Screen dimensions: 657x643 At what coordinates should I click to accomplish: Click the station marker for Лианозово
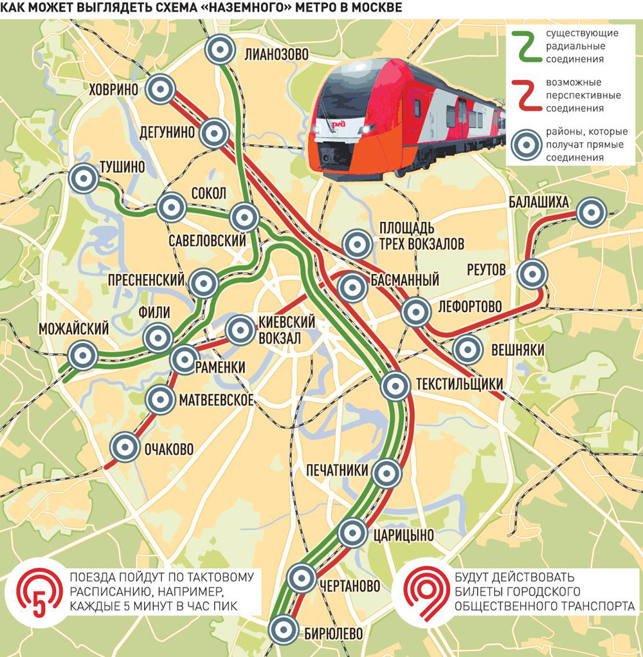221,50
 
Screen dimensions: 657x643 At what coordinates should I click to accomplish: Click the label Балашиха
538,203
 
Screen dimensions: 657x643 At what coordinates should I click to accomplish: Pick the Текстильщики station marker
395,386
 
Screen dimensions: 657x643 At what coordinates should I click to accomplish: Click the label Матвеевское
216,400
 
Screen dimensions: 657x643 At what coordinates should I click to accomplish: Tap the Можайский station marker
83,355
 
